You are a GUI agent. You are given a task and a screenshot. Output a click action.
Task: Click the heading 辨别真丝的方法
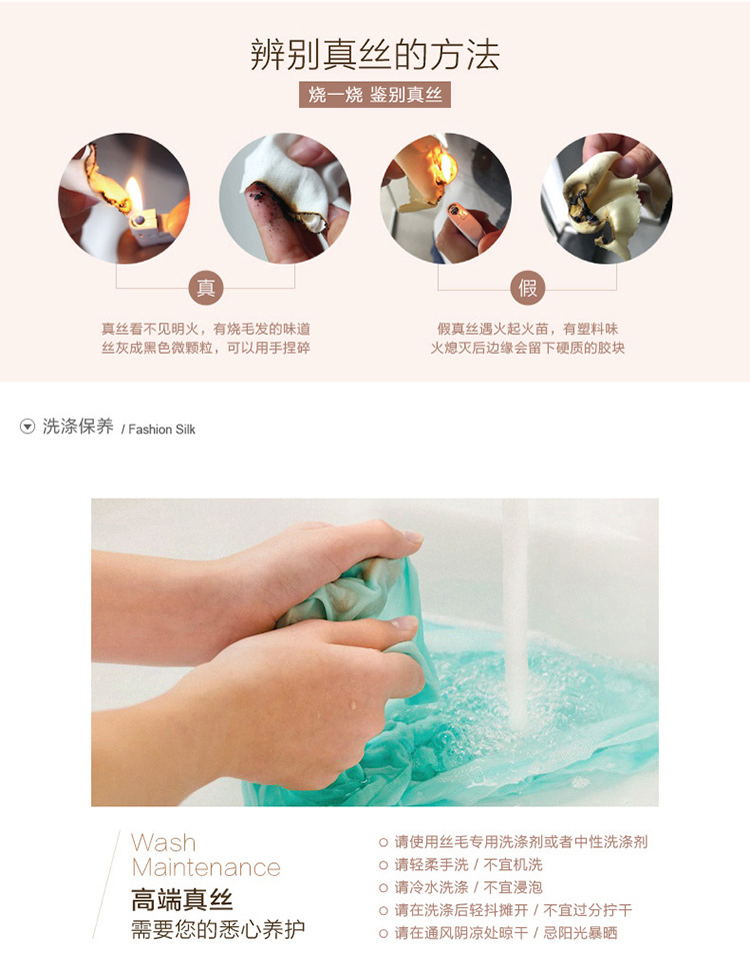point(375,55)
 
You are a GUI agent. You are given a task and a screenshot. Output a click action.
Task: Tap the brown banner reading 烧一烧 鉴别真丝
point(375,95)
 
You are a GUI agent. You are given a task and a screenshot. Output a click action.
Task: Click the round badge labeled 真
point(205,288)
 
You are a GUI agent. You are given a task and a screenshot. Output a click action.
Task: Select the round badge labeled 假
point(527,288)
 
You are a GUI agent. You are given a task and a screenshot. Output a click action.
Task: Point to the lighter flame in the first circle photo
point(134,193)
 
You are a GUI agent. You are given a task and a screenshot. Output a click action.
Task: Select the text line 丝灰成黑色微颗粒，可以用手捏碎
point(205,348)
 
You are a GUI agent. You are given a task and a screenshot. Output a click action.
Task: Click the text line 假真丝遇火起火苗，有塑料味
point(527,329)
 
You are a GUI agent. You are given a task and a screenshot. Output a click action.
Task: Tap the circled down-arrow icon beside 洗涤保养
point(27,427)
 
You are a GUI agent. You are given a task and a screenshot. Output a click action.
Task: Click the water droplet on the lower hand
point(353,704)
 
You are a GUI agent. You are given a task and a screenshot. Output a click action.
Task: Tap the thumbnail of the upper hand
point(412,536)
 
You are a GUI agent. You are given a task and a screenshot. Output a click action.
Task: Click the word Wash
point(164,842)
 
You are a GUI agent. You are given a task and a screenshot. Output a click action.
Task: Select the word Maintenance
point(206,867)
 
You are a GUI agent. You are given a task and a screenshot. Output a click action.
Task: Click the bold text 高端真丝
point(182,900)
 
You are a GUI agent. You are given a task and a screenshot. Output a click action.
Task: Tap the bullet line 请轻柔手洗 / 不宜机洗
point(461,865)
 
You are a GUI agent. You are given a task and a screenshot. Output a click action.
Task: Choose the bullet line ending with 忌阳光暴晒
point(498,933)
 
